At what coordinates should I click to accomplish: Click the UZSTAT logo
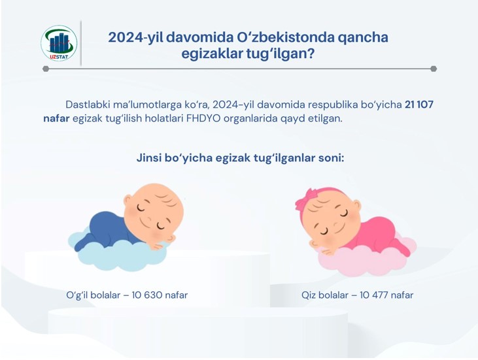point(59,43)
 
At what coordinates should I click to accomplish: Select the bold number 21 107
point(419,105)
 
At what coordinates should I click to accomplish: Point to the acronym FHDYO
point(203,118)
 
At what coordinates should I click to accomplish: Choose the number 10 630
point(147,295)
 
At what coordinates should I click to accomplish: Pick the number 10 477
point(375,295)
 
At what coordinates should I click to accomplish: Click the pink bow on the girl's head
point(307,199)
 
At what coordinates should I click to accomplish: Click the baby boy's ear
point(128,203)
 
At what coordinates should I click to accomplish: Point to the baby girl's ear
point(356,206)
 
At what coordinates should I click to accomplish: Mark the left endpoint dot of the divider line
point(46,69)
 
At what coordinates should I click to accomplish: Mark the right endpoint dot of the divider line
point(434,69)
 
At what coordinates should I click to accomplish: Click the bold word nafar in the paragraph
point(56,118)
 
